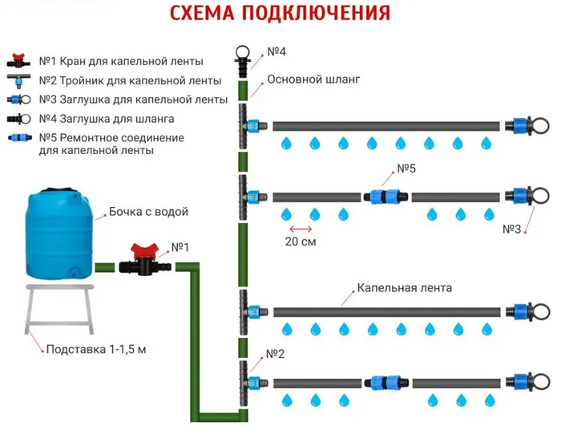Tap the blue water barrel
coord(61,233)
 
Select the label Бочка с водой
coord(147,212)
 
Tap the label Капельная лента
coord(404,287)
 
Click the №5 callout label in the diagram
coord(407,169)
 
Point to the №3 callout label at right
coord(512,229)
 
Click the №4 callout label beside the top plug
coord(276,53)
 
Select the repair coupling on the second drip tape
coord(387,197)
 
